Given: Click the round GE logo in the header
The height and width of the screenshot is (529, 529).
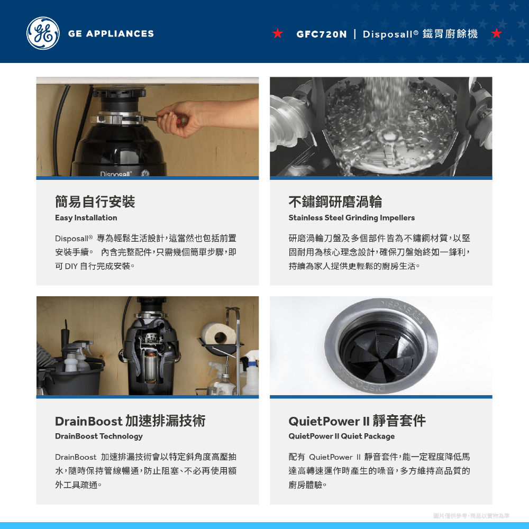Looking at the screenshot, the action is (43, 33).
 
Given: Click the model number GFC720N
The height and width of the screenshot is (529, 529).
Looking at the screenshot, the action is (321, 34).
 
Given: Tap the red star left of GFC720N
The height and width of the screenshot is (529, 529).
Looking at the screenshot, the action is (278, 33).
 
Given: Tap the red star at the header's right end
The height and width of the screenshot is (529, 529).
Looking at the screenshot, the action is (496, 33).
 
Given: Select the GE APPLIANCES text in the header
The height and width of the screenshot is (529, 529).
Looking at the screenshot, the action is (111, 34).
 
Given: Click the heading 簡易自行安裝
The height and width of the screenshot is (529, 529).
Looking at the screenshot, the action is (95, 202).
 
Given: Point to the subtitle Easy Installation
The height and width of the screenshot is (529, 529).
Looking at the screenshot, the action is (86, 217).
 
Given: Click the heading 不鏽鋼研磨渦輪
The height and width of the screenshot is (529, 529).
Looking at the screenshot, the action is (335, 202).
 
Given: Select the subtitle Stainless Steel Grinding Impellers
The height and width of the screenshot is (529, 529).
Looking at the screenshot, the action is (352, 217).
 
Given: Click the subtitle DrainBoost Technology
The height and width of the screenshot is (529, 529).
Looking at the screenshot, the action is (99, 436).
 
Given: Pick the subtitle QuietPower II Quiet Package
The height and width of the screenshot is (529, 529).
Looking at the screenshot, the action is (341, 436).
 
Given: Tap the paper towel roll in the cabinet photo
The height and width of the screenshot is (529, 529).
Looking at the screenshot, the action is (219, 334).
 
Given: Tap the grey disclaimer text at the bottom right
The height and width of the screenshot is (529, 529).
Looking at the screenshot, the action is (471, 516).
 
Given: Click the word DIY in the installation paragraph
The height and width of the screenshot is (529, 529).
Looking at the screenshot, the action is (71, 266).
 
